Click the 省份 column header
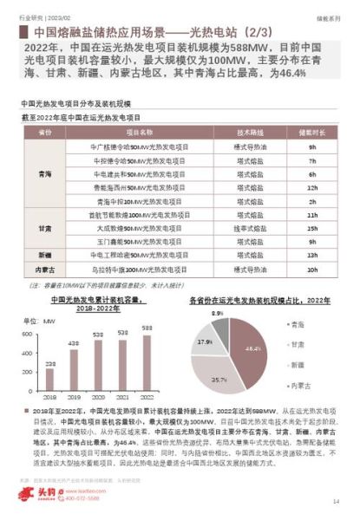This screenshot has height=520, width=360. pos(45,133)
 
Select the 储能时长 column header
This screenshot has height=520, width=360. pos(310,133)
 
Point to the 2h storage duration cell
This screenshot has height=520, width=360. pos(310,200)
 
